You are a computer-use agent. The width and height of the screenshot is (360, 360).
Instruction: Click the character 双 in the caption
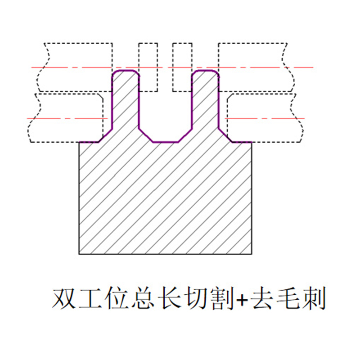63,299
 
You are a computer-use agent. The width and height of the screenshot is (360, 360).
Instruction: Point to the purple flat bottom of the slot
166,142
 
